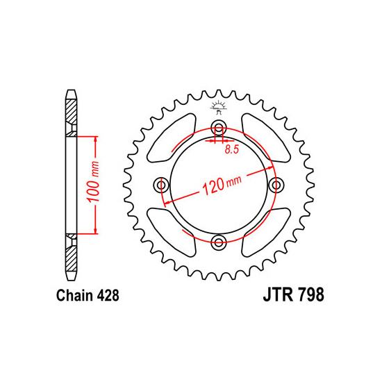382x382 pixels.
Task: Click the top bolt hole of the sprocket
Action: [x=219, y=127]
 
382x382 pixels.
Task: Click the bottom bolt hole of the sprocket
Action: [x=219, y=242]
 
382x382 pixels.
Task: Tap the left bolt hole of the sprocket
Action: [x=161, y=185]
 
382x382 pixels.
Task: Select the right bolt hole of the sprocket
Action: [x=276, y=185]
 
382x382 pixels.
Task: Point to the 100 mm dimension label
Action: [x=94, y=181]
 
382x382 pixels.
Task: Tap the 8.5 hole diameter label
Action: [x=232, y=149]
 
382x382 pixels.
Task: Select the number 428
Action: [x=108, y=295]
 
